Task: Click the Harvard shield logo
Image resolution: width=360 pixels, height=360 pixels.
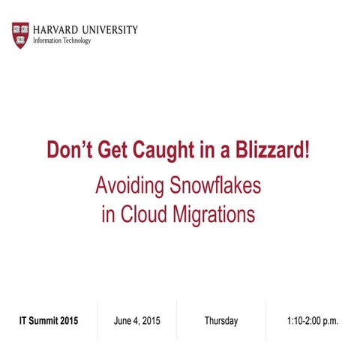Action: (21, 35)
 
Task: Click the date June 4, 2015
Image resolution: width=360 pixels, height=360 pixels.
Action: (136, 321)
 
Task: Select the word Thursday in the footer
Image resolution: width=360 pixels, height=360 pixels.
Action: (221, 321)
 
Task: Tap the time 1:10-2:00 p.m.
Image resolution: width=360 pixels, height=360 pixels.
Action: (313, 321)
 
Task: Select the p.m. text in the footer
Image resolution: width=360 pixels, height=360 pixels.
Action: (329, 321)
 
